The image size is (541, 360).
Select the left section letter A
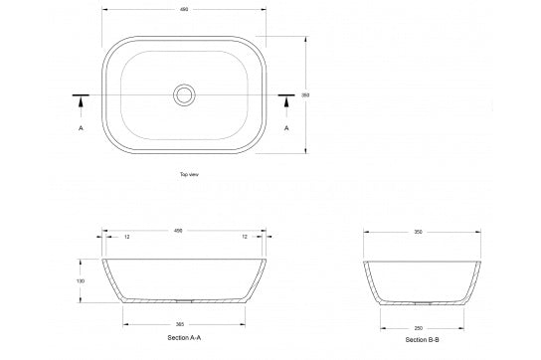click(x=80, y=128)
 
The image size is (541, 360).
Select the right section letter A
click(x=287, y=128)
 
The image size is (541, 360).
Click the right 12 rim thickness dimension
click(x=245, y=237)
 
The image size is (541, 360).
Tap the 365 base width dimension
click(x=179, y=324)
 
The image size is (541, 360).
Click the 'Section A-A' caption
click(x=185, y=339)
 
